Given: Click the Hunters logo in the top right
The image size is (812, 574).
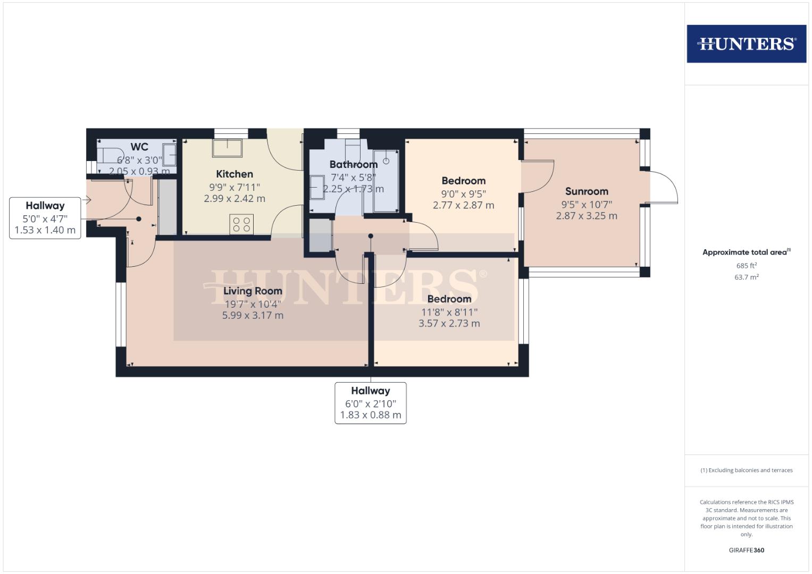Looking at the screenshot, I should (x=746, y=44).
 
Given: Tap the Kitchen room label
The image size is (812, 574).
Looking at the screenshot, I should (x=235, y=174).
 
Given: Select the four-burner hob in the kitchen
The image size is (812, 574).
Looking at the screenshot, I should (x=242, y=224).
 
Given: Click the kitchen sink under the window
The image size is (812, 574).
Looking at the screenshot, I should (x=227, y=148).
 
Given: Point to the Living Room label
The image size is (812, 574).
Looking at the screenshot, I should (x=253, y=291).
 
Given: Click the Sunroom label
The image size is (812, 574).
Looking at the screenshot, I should (x=587, y=191).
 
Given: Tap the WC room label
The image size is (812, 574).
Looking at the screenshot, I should (x=139, y=147).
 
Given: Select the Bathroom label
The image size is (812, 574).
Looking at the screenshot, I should (x=353, y=164).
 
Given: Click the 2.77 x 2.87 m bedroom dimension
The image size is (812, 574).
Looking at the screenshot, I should (x=463, y=205).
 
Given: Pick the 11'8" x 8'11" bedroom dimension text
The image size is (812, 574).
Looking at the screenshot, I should (x=449, y=312).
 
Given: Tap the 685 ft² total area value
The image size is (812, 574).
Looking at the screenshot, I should (x=746, y=266).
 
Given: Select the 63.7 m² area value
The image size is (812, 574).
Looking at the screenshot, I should (x=746, y=277).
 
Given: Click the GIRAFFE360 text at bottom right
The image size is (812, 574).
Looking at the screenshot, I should (x=746, y=550).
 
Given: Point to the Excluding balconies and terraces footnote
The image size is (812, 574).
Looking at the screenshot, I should (x=746, y=470).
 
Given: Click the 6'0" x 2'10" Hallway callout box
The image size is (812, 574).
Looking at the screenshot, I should (x=371, y=403).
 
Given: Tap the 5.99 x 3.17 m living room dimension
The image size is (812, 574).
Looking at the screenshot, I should (x=253, y=315).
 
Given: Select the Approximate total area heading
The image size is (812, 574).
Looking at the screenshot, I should (x=746, y=252).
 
